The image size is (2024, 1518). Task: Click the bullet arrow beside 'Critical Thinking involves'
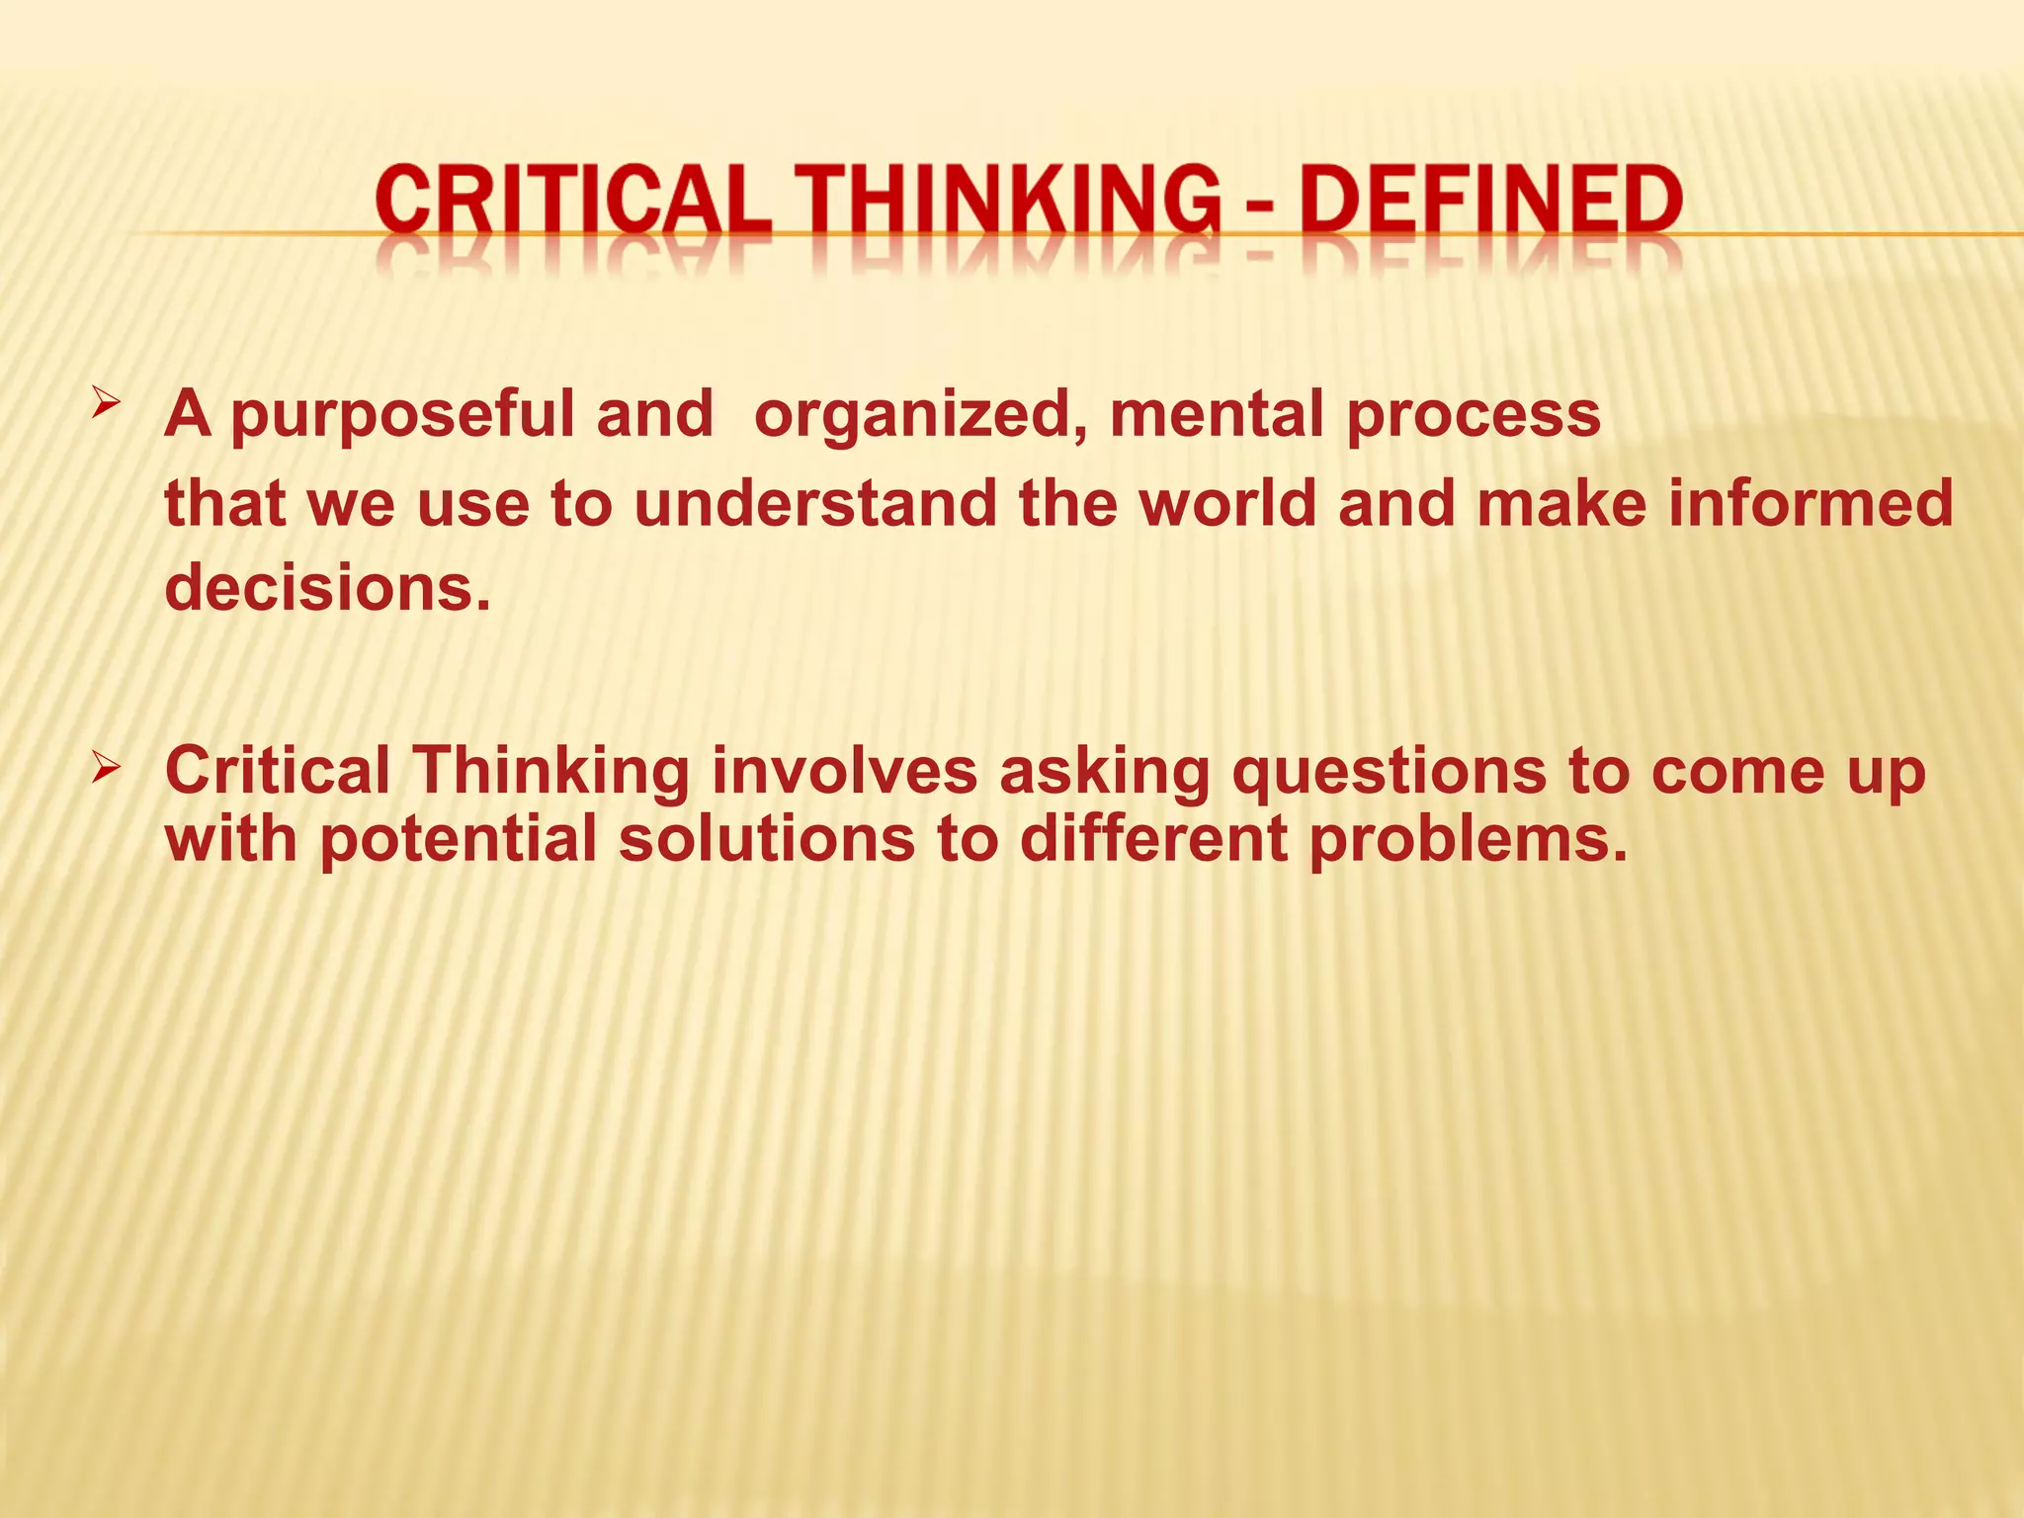click(106, 766)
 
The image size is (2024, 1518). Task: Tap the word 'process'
click(1473, 415)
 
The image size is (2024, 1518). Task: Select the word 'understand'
click(815, 503)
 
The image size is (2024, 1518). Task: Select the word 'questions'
click(1389, 773)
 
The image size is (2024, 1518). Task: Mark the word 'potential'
click(459, 840)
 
